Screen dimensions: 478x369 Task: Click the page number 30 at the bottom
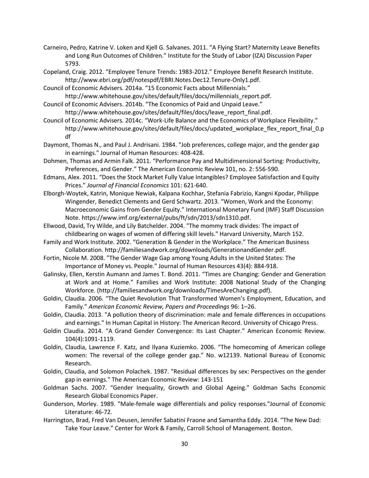(184, 444)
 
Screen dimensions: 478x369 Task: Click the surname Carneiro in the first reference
(55, 47)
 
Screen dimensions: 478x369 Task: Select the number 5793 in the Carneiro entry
(72, 64)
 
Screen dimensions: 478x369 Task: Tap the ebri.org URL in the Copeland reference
(162, 80)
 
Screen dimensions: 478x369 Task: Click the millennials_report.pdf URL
(168, 96)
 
